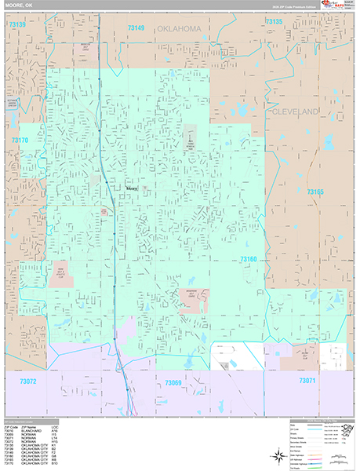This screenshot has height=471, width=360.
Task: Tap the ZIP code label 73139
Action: coord(17,25)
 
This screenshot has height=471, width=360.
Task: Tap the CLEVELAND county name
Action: coord(296,112)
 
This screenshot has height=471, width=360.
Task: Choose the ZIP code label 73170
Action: coord(20,141)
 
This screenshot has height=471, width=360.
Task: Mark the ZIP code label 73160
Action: coord(249,259)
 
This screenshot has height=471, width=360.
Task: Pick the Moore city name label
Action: coord(133,188)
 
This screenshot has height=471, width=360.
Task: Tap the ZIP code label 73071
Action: coord(306,381)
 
